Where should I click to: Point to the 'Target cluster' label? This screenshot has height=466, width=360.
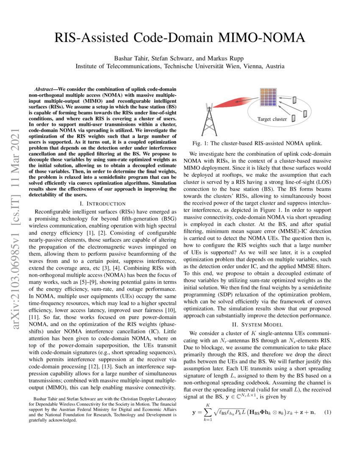[x=272, y=119]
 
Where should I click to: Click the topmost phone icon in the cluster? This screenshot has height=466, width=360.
[x=294, y=100]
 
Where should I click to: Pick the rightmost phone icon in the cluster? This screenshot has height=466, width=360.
[x=305, y=114]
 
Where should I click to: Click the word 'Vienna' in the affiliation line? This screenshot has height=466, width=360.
[x=255, y=66]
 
